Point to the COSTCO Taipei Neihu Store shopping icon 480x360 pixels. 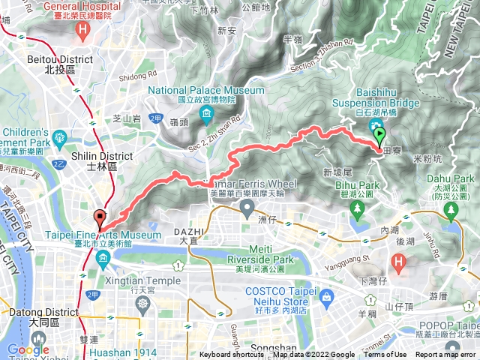tap(326, 298)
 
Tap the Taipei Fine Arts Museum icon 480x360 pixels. tap(102, 259)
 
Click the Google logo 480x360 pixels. tap(28, 349)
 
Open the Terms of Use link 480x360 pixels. tap(387, 355)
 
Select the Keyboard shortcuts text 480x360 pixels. tap(231, 355)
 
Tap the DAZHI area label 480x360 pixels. tap(186, 232)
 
